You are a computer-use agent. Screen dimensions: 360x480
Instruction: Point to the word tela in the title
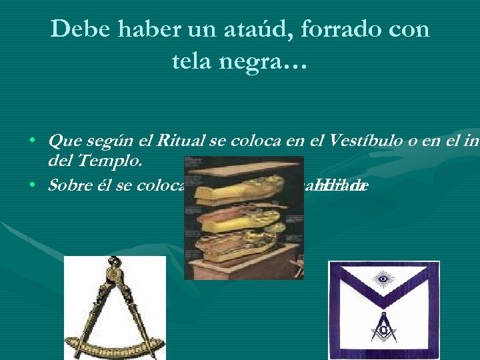(193, 62)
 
